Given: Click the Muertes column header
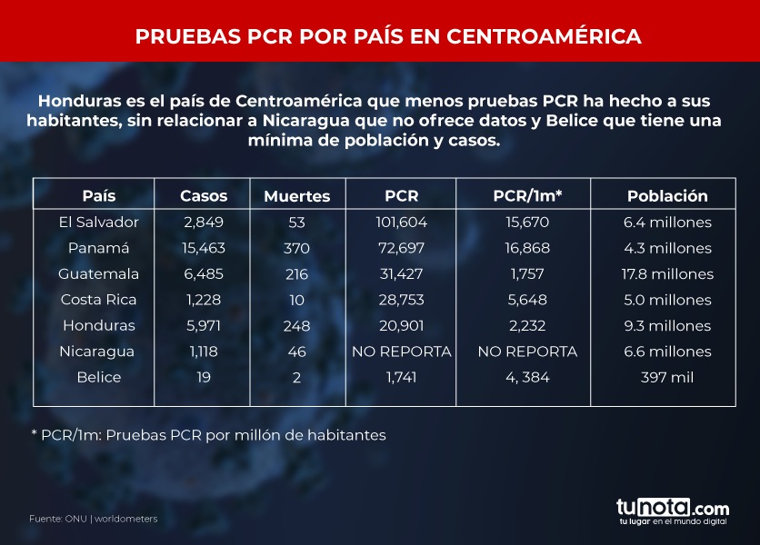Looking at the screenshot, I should tap(296, 196).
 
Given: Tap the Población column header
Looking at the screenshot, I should tap(667, 195).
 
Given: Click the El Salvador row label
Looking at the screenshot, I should tap(99, 222).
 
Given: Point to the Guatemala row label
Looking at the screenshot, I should tap(99, 273).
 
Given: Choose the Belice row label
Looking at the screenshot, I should tap(99, 377).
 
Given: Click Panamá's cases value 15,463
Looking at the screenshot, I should tap(204, 248).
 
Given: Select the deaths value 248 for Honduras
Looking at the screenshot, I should tap(296, 325).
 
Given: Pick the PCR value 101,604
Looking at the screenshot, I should tap(401, 222).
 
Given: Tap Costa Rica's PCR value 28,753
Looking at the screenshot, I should tap(401, 300).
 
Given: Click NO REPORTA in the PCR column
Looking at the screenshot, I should tap(401, 352).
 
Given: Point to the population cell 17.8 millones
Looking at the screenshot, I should tap(668, 273).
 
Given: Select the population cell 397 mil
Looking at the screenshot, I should tap(668, 377).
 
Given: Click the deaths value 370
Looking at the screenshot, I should tap(296, 248).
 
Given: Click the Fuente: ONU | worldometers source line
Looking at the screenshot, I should tap(94, 519).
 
